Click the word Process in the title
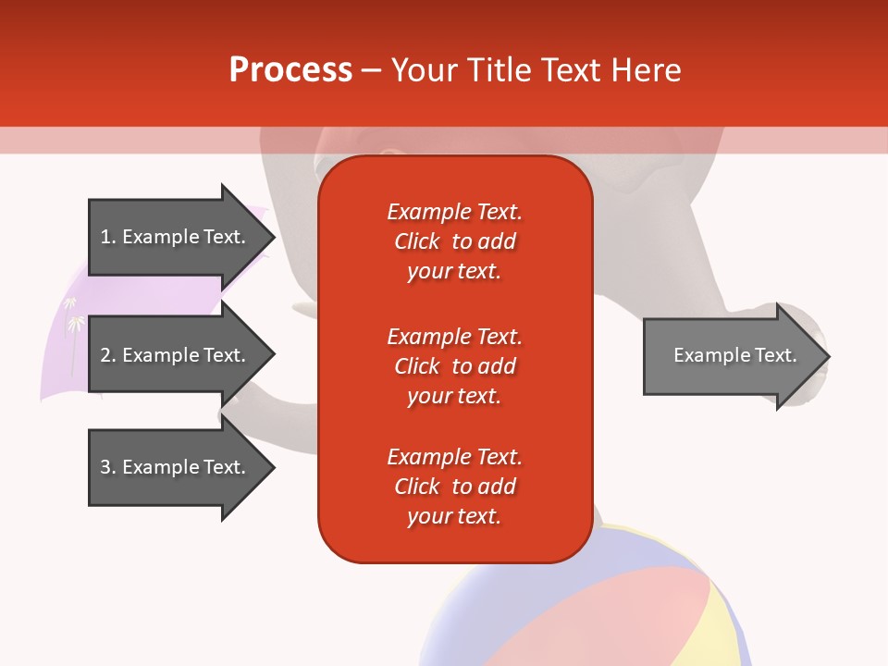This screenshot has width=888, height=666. click(290, 70)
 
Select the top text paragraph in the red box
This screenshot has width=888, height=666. click(454, 241)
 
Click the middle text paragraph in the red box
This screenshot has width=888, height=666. click(454, 366)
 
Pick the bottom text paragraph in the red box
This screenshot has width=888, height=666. click(454, 487)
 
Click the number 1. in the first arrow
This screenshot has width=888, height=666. click(108, 237)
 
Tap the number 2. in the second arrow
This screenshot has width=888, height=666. click(108, 355)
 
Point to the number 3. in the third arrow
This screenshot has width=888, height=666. click(108, 467)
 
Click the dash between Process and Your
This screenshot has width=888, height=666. click(371, 70)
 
